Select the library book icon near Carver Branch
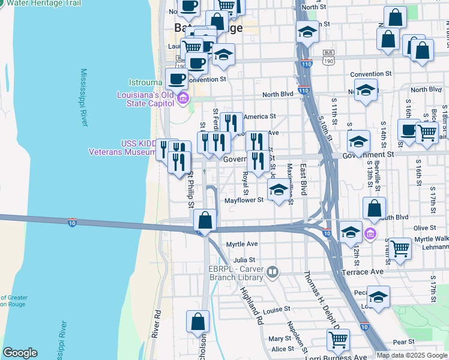coord(273,274)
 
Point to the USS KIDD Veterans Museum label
coord(122,148)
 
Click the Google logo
coord(20,353)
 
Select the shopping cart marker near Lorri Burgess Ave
coord(339,340)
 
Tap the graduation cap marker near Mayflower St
coord(278,191)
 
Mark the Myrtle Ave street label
coord(242,244)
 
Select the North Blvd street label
coord(277,95)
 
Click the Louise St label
coord(277,309)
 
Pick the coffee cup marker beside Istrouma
coord(176,78)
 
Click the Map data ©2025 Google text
coord(412,355)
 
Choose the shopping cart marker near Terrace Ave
coord(400,248)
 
